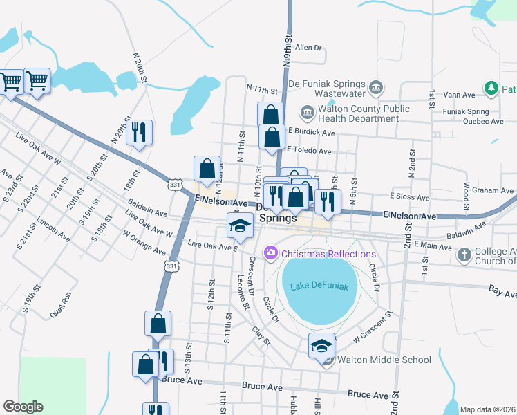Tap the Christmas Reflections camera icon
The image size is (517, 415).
tap(270, 254)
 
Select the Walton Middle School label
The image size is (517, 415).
tap(384, 360)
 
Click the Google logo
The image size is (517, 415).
tap(23, 407)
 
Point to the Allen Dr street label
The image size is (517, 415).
tap(308, 48)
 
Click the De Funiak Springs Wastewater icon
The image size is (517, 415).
tap(376, 87)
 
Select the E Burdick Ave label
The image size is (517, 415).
tap(312, 132)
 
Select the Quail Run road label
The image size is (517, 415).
tap(61, 304)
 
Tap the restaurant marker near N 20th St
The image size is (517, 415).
tap(139, 131)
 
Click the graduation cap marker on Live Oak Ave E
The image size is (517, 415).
tap(240, 225)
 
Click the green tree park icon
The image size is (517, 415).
tap(491, 89)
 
